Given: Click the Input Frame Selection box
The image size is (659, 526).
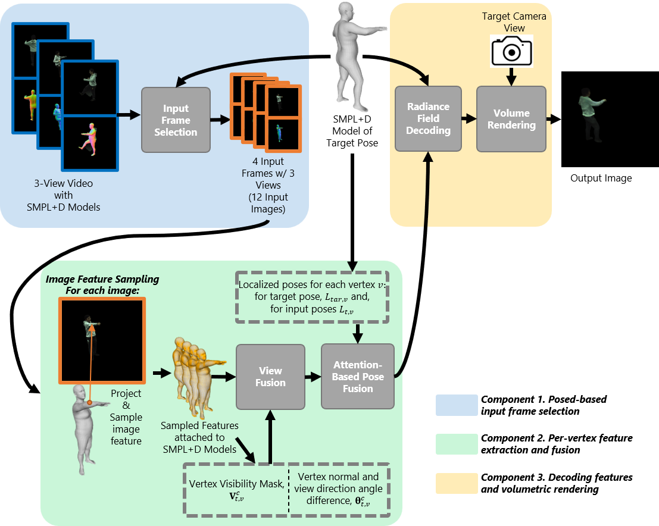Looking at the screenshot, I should point(176,120).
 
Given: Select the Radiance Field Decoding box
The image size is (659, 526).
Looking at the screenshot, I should point(428,118).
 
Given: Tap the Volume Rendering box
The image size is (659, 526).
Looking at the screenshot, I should point(511,118).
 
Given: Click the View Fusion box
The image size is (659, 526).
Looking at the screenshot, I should point(270,377).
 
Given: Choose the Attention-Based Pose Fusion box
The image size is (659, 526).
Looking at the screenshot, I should point(357,376).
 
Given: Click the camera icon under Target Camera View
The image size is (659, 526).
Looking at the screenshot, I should point(511,51).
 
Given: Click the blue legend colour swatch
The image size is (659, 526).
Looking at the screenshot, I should point(457,405).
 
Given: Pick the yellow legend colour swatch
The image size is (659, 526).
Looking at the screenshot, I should point(457,483).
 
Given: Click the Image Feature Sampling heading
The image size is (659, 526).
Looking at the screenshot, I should point(102,284).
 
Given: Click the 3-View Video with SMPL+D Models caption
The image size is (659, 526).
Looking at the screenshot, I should point(64,195).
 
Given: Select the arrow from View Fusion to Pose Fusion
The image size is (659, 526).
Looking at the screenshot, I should point(313,377).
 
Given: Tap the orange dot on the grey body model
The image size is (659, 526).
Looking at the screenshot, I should point(89,403).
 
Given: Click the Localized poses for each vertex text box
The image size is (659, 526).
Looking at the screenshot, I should point(312,297).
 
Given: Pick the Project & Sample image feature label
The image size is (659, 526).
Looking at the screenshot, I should point(126,417).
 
